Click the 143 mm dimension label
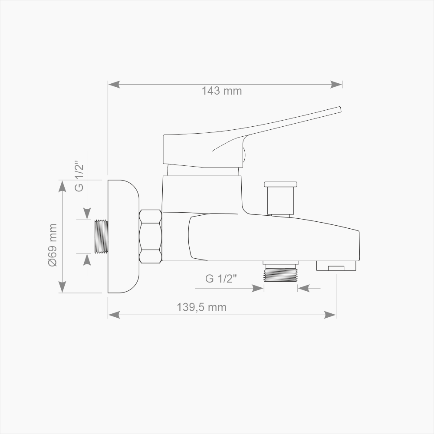pyautogui.click(x=221, y=91)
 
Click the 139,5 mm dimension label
pyautogui.click(x=201, y=307)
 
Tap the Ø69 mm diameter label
pyautogui.click(x=53, y=245)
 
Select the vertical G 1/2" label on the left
pyautogui.click(x=79, y=176)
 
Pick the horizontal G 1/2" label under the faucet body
pyautogui.click(x=221, y=279)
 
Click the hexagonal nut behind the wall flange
pyautogui.click(x=151, y=236)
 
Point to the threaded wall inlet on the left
pyautogui.click(x=101, y=236)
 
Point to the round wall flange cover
pyautogui.click(x=123, y=236)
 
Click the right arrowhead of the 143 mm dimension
pyautogui.click(x=337, y=84)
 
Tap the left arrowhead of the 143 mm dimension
pyautogui.click(x=114, y=84)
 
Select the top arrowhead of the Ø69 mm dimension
pyautogui.click(x=62, y=185)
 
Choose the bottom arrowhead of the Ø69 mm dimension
pyautogui.click(x=62, y=287)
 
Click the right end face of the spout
pyautogui.click(x=359, y=246)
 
